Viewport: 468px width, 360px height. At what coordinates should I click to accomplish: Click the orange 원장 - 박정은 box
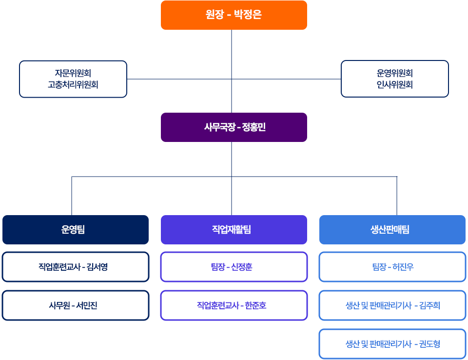coord(234,15)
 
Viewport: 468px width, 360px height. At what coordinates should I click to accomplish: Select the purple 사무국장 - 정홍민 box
coord(234,127)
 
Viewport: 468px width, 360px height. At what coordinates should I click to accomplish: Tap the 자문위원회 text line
coord(73,73)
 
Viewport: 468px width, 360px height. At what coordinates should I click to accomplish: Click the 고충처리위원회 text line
coord(73,84)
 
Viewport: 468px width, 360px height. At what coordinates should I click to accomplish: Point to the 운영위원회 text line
coord(394,73)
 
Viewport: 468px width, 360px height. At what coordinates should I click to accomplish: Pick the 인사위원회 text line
coord(394,84)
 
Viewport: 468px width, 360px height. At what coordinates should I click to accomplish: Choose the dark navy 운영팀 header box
coord(75,230)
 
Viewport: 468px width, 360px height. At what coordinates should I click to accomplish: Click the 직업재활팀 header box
coord(234,230)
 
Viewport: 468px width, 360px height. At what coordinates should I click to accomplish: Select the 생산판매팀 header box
coord(392,230)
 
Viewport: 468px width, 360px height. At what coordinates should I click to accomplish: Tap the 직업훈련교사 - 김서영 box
coord(75,267)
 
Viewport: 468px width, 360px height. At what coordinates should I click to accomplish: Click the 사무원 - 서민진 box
coord(75,305)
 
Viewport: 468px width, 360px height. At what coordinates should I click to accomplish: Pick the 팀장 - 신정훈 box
coord(234,267)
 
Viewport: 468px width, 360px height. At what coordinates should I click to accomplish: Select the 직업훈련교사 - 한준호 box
coord(234,305)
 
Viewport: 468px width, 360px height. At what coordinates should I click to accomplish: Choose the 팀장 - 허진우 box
coord(392,267)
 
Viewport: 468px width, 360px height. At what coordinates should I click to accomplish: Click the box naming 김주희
coord(392,305)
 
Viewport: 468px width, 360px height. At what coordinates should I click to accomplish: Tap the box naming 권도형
coord(392,344)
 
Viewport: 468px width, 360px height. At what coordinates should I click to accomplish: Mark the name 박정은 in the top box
coord(248,15)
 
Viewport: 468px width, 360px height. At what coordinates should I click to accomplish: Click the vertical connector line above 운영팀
coord(72,195)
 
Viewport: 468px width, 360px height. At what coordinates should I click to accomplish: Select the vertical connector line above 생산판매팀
coord(397,195)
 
